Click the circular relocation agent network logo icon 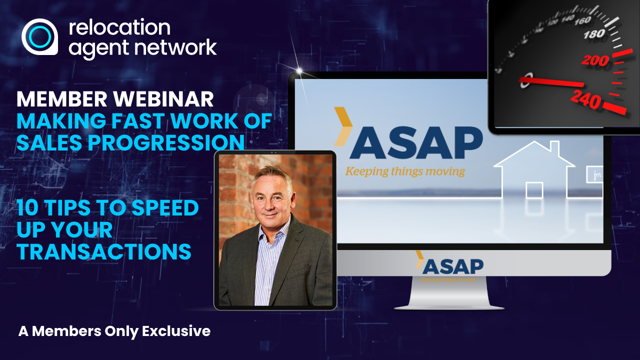[x=39, y=36]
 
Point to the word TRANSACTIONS [x=104, y=251]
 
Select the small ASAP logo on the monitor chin [x=449, y=266]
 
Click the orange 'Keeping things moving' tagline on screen [x=404, y=171]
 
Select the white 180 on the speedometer [x=595, y=34]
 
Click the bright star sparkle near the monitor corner [x=300, y=70]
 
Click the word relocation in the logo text [x=119, y=27]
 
